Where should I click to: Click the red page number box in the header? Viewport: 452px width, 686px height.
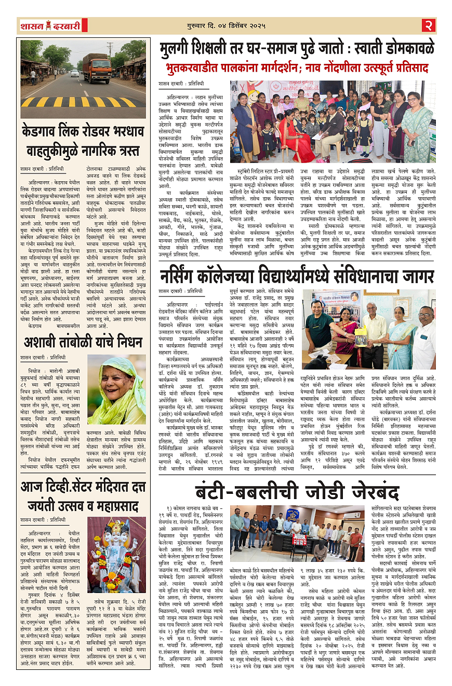pos(429,25)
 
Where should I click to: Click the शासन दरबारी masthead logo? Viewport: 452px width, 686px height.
pos(50,25)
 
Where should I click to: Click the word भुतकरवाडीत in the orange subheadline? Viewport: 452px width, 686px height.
pos(196,68)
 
